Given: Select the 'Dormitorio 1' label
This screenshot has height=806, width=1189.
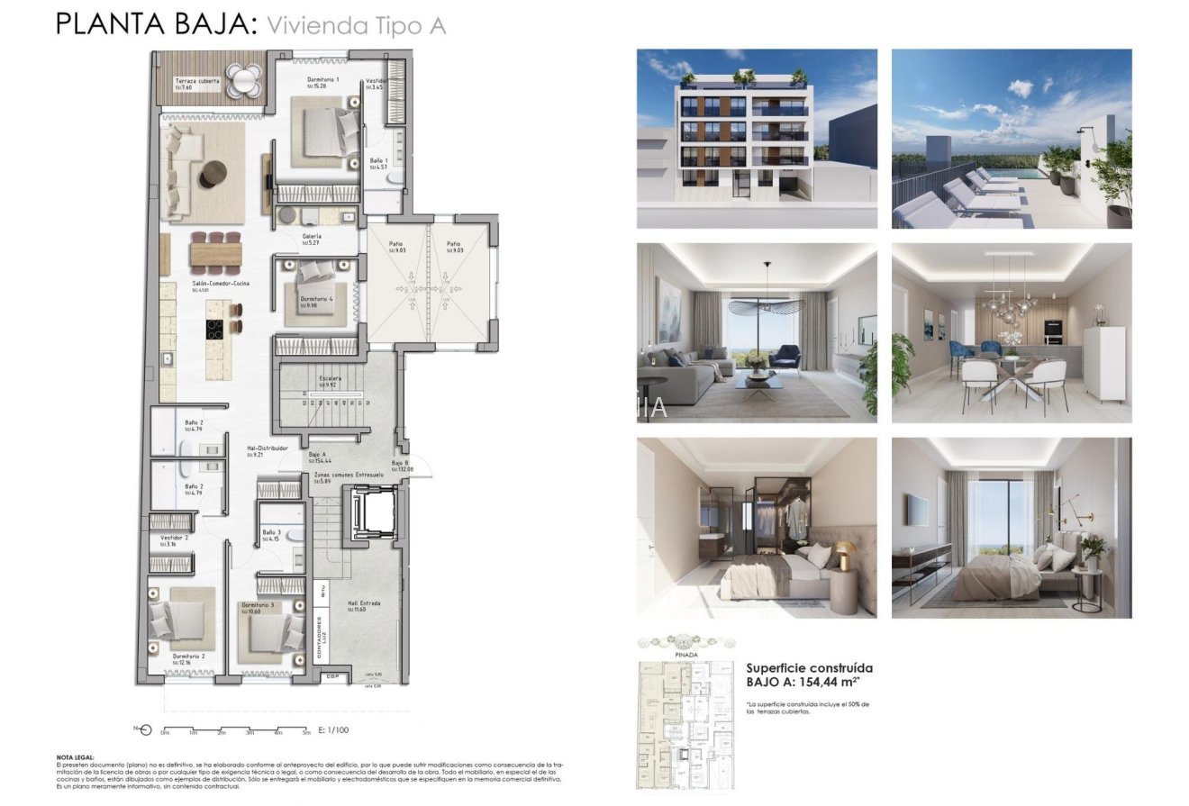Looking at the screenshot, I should point(322,81).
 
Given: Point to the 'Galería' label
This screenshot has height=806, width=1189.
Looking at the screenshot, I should point(312,238).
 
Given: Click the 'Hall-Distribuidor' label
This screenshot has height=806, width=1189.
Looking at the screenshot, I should point(267,448).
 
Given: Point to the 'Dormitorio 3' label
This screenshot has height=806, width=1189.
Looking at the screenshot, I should point(258,605).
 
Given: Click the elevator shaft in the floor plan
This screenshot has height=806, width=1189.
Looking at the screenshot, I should point(371,513).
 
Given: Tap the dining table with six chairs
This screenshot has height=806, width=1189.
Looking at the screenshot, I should point(216,253).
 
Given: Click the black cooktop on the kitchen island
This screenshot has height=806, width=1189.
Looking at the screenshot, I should point(215,330).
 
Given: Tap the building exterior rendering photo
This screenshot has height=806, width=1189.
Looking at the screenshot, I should point(757,139).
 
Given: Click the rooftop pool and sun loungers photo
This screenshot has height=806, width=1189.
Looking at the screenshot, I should point(1012,139).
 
